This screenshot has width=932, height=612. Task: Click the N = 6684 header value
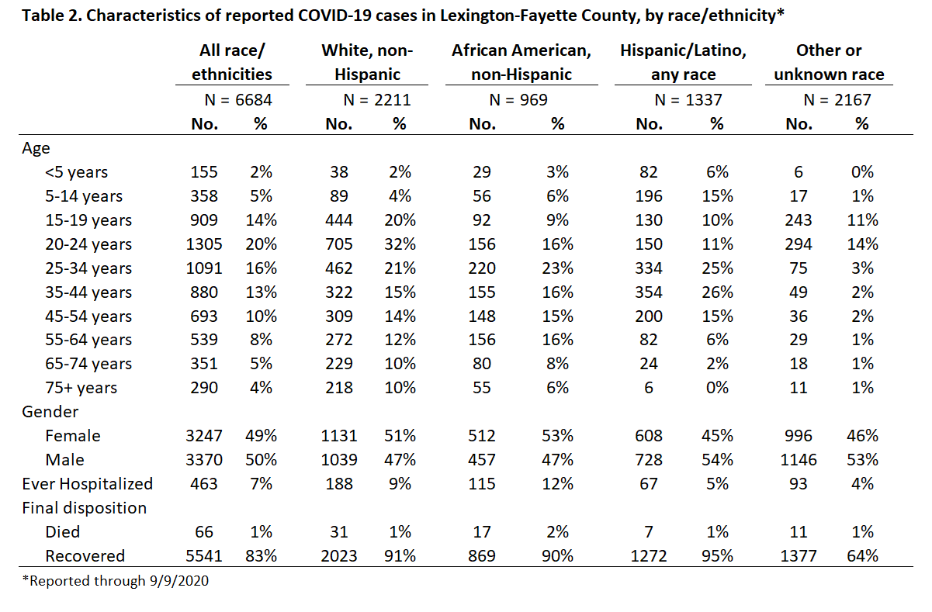(x=238, y=100)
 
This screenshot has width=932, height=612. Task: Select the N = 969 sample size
(x=518, y=100)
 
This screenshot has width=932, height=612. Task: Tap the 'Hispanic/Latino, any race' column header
(x=683, y=62)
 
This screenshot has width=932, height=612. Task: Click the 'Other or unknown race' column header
(x=829, y=62)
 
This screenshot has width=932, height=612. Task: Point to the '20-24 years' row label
(x=88, y=244)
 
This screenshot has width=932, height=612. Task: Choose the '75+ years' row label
(x=81, y=388)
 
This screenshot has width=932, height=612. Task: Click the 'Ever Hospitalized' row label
(x=88, y=484)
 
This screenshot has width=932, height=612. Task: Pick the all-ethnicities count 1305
(x=204, y=244)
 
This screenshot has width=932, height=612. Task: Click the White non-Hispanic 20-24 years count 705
(x=338, y=244)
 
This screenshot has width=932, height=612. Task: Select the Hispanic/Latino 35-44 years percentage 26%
(x=717, y=292)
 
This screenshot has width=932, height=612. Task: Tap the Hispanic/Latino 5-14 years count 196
(x=649, y=196)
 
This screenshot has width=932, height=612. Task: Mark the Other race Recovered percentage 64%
(x=862, y=556)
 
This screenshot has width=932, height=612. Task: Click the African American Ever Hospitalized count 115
(x=482, y=484)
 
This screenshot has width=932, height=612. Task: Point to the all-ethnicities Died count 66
(x=204, y=532)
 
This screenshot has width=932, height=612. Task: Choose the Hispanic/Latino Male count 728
(x=649, y=460)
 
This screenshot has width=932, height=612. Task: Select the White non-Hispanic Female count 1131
(x=338, y=436)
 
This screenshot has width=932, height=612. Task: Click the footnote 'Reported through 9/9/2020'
(x=116, y=581)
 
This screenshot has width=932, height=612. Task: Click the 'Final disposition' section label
(x=84, y=508)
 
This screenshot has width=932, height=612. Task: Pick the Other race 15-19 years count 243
(x=799, y=220)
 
